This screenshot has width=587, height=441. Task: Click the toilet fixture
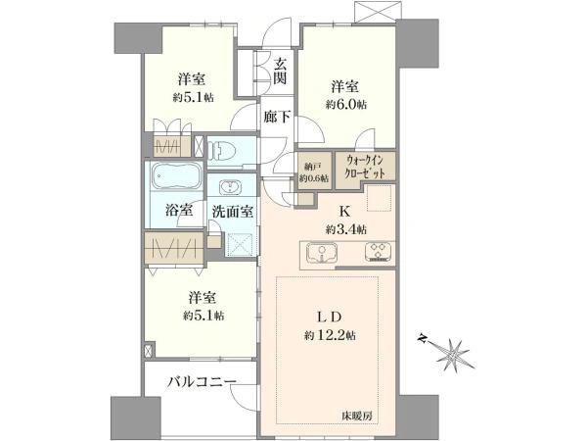click(221, 151)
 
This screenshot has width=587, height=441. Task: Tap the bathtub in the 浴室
click(177, 176)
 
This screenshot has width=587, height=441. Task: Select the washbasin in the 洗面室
click(231, 186)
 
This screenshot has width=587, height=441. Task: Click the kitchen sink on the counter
click(322, 253)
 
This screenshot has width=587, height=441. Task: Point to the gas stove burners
click(378, 252)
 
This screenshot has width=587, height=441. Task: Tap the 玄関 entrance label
click(280, 72)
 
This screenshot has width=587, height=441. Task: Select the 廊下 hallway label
click(277, 117)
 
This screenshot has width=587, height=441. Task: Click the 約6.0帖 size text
click(346, 105)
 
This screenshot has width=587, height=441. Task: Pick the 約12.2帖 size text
click(330, 335)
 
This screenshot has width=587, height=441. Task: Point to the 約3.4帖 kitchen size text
click(346, 228)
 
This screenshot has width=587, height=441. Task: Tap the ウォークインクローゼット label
click(365, 167)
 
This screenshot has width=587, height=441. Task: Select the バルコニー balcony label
click(202, 382)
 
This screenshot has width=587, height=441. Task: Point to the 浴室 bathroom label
click(179, 210)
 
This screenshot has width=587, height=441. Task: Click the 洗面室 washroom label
click(233, 212)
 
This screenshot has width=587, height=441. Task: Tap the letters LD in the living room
click(330, 318)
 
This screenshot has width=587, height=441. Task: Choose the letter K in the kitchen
click(344, 212)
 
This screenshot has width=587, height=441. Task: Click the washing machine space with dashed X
click(241, 244)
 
